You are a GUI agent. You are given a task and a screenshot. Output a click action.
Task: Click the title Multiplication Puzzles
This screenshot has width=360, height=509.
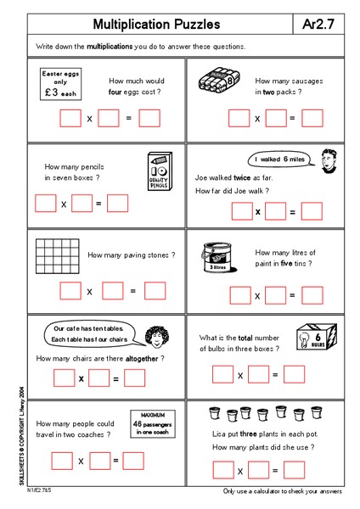[156, 25]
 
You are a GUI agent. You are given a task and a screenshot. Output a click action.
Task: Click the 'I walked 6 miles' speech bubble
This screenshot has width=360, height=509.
[275, 159]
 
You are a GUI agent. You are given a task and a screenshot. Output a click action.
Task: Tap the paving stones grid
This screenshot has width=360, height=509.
[59, 255]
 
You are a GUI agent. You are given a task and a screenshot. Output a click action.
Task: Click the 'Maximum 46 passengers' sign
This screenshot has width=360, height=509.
[149, 422]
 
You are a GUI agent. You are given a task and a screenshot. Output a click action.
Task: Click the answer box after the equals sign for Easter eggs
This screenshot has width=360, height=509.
[149, 119]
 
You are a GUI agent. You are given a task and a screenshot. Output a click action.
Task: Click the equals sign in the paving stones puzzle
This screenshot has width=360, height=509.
[132, 291]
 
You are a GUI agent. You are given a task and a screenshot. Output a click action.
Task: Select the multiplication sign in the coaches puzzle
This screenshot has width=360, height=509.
[81, 461]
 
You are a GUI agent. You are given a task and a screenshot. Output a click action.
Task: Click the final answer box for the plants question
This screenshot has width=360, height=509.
[295, 470]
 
